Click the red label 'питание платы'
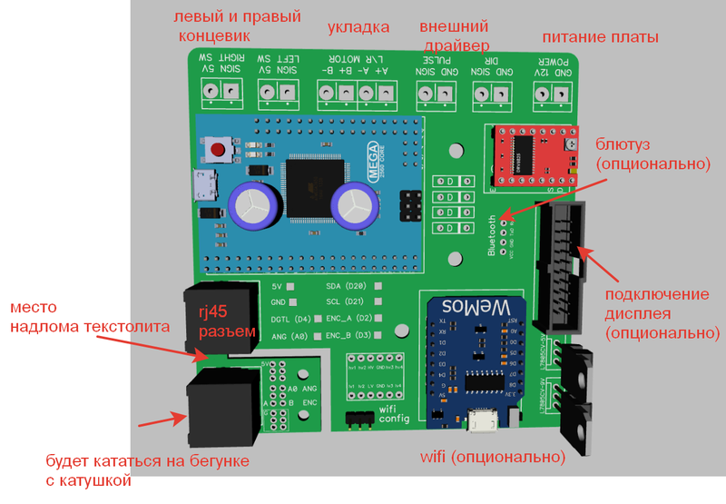tap(599, 37)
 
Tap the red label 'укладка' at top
tap(358, 27)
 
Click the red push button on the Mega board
tap(217, 149)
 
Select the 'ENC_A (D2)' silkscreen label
tap(346, 319)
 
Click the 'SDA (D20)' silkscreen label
tap(346, 285)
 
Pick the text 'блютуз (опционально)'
tap(651, 154)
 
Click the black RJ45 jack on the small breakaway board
tap(224, 401)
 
